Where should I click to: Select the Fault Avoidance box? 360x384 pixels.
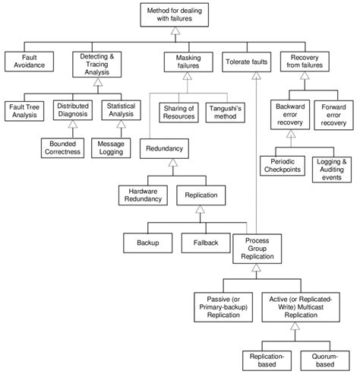(x=30, y=62)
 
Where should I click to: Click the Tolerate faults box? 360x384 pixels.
(x=245, y=62)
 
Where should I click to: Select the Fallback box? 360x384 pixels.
(x=205, y=242)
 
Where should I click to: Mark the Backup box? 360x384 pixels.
(x=147, y=242)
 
